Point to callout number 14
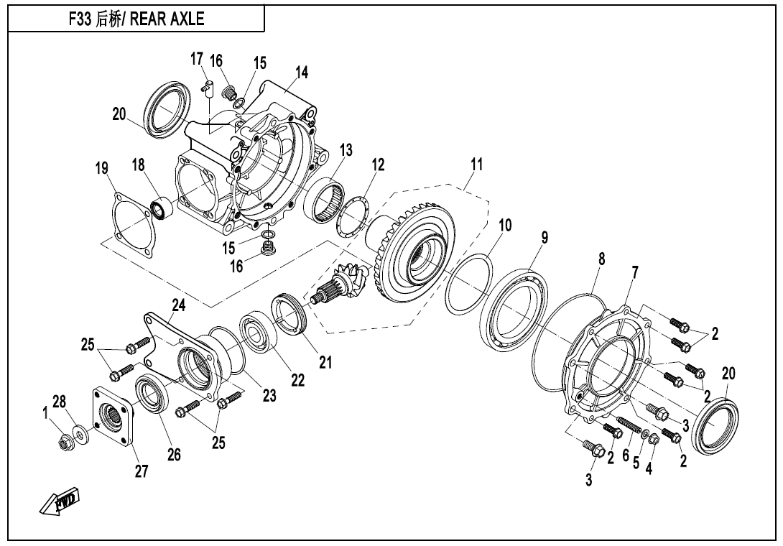pos(301,72)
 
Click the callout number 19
pos(101,169)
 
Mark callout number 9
pos(545,238)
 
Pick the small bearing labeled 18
pos(159,208)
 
